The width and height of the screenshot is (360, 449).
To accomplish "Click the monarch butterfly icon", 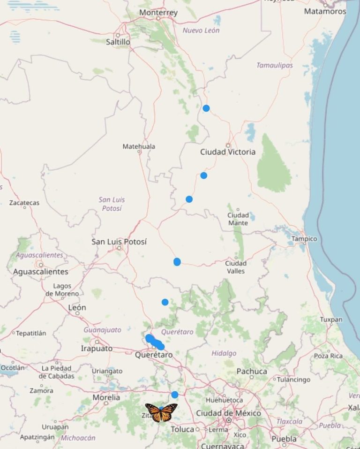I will point(161,412).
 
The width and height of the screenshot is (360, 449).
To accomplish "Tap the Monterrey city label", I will point(158,13).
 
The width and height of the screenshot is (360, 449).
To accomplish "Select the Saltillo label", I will point(118,42).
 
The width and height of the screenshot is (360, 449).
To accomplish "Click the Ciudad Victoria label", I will point(228,152).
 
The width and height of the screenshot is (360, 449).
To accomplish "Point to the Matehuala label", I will point(139,146).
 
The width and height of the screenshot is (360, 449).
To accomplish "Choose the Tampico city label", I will point(304,239).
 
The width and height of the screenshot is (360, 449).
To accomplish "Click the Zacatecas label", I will point(24,203).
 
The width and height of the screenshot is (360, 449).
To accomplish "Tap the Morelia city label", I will point(106,397).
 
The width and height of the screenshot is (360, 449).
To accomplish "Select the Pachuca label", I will point(252,371).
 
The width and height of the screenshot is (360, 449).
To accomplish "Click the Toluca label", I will point(182,429).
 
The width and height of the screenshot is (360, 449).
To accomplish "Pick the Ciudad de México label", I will point(228,413).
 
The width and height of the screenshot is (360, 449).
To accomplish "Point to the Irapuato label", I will point(97,348).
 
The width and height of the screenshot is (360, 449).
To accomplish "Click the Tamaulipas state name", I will point(274,65).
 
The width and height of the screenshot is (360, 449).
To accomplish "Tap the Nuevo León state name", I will point(201,30).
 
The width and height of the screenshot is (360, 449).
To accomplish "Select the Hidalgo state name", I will point(224,353).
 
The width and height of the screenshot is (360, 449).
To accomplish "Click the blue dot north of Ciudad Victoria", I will point(206,108).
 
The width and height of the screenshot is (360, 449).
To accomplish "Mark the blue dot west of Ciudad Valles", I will point(177,262).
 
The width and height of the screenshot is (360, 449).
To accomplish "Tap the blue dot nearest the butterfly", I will point(175,395).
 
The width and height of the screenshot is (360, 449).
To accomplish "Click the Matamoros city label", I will point(325,11).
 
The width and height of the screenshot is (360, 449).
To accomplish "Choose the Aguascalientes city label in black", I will point(40,272).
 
